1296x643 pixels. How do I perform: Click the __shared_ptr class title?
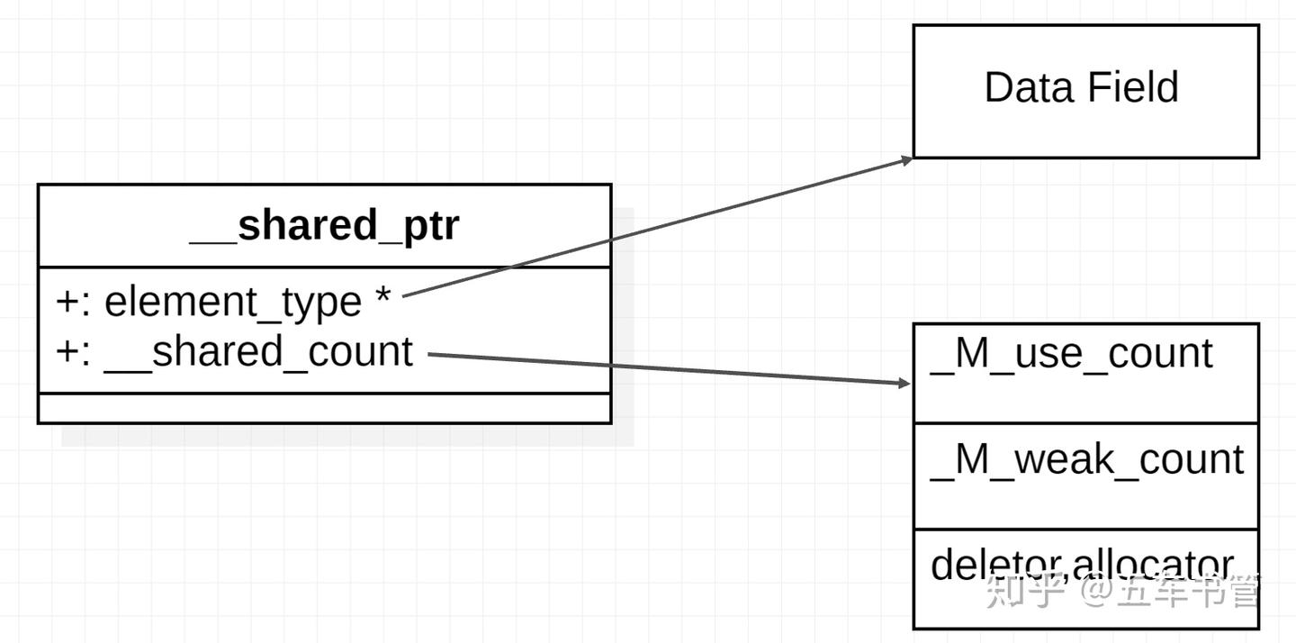pyautogui.click(x=324, y=225)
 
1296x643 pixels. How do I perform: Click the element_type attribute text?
pyautogui.click(x=233, y=303)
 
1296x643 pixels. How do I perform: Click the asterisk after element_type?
pyautogui.click(x=382, y=296)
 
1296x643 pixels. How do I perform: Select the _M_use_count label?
pyautogui.click(x=1071, y=354)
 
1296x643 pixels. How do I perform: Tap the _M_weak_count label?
pyautogui.click(x=1086, y=459)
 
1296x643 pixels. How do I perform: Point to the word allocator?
pyautogui.click(x=1153, y=565)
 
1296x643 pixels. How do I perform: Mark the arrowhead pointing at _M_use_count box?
pyautogui.click(x=904, y=383)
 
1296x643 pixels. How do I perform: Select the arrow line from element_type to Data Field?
pyautogui.click(x=657, y=227)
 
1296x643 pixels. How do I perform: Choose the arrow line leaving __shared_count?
pyautogui.click(x=666, y=368)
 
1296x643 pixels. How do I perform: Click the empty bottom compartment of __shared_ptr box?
pyautogui.click(x=324, y=408)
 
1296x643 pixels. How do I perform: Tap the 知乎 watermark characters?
pyautogui.click(x=1026, y=591)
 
